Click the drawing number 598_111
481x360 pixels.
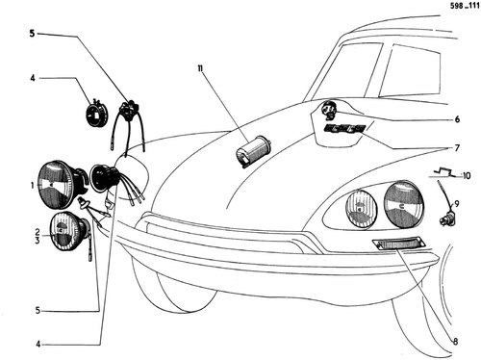point(465,6)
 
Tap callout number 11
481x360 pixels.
point(200,68)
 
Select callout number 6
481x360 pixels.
point(457,119)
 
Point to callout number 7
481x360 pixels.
point(457,148)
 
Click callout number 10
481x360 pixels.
point(467,176)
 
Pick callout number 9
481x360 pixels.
point(457,204)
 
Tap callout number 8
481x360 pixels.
point(455,342)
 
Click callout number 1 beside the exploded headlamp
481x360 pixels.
point(33,185)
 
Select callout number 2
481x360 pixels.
point(38,232)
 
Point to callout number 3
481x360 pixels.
point(38,240)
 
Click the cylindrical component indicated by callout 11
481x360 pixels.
point(253,151)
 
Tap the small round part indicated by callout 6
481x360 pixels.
point(329,109)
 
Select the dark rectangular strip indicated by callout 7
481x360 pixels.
point(343,129)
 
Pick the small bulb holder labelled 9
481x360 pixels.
point(447,219)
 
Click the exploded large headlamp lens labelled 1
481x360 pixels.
point(55,185)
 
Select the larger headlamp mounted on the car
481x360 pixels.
point(404,204)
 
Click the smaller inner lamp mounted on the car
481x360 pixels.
point(362,209)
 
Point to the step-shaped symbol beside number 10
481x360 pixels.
point(444,172)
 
